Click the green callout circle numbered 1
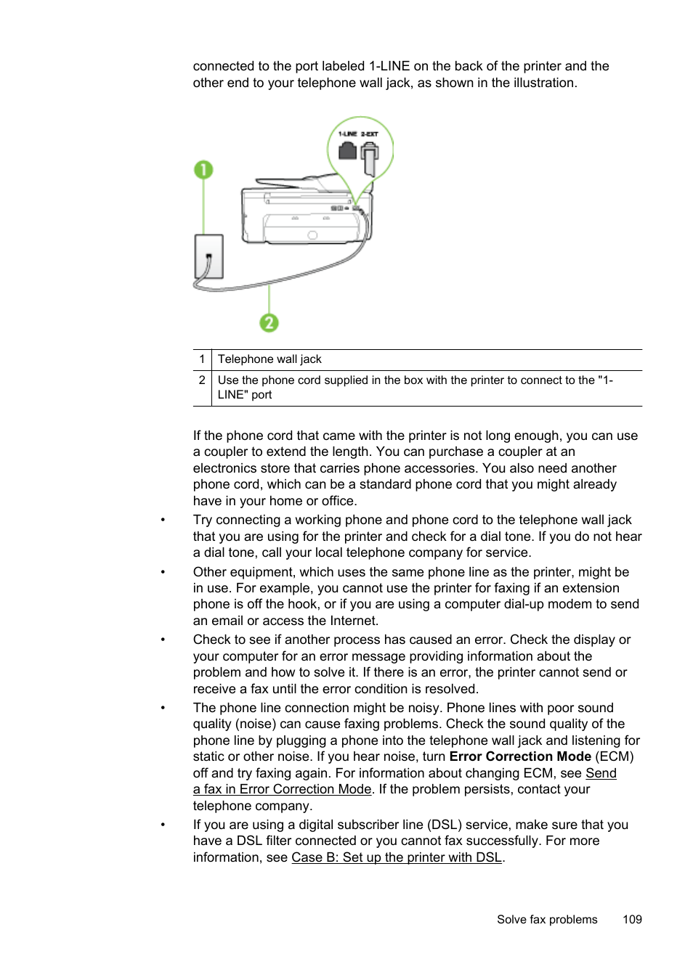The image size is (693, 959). click(203, 170)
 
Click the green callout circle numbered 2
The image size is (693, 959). click(269, 322)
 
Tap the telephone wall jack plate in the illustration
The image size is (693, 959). click(209, 256)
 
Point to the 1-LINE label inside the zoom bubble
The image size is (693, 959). click(348, 134)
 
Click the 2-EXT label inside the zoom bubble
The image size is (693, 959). click(370, 134)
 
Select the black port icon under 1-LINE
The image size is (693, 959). click(348, 150)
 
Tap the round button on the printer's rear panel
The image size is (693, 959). click(312, 235)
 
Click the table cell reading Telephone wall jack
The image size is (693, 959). click(269, 359)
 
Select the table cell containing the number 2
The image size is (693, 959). click(202, 380)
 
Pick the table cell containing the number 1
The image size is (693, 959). click(202, 359)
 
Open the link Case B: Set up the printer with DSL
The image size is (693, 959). click(397, 857)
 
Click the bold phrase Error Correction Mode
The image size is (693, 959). click(520, 756)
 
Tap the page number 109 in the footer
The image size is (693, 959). click(632, 919)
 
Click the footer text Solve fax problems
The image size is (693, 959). click(547, 919)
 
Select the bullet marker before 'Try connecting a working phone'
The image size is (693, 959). click(163, 521)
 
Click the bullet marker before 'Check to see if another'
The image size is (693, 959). click(163, 640)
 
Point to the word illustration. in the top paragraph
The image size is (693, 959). click(545, 83)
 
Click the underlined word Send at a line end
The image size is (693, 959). click(601, 773)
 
